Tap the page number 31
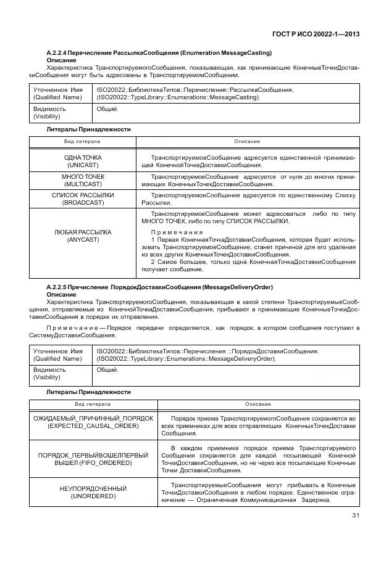pyautogui.click(x=355, y=516)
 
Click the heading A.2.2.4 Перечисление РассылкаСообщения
pyautogui.click(x=159, y=53)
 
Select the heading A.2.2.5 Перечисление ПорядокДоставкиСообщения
pyautogui.click(x=160, y=287)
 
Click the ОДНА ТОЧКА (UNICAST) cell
pyautogui.click(x=83, y=162)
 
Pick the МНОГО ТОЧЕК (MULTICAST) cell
pyautogui.click(x=83, y=180)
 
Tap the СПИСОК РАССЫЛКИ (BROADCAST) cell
pyautogui.click(x=83, y=199)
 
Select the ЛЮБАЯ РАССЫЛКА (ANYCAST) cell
pyautogui.click(x=83, y=236)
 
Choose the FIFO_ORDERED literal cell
pyautogui.click(x=93, y=458)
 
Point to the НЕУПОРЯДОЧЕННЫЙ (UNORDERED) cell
pyautogui.click(x=93, y=492)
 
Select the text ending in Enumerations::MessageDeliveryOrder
pyautogui.click(x=186, y=359)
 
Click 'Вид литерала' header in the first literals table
pyautogui.click(x=83, y=142)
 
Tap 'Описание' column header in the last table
pyautogui.click(x=257, y=404)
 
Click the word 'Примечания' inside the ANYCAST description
pyautogui.click(x=172, y=232)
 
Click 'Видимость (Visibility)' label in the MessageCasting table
pyautogui.click(x=49, y=112)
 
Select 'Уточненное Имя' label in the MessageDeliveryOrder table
pyautogui.click(x=57, y=351)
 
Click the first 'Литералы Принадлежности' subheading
pyautogui.click(x=88, y=129)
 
